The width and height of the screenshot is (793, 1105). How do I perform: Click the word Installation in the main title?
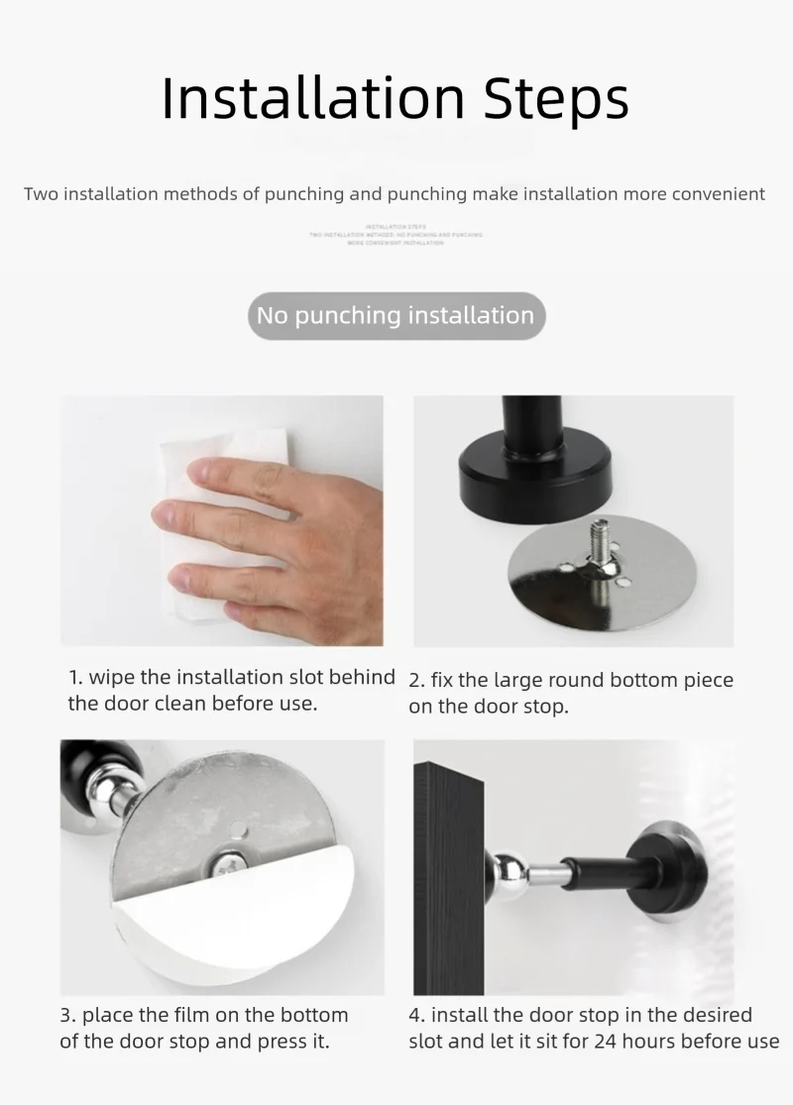point(313,98)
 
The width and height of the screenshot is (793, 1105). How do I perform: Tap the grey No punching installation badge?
point(396,316)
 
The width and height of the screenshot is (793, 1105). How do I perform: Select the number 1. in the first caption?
point(75,678)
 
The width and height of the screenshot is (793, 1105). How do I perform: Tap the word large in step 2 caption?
point(512,681)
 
